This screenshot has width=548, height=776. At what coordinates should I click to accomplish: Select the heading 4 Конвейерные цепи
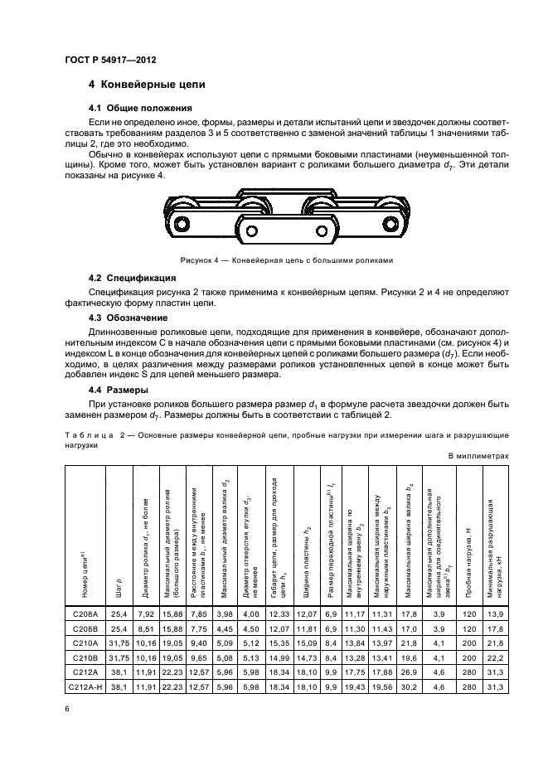tap(147, 85)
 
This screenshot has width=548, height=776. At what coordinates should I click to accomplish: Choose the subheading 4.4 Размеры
tap(119, 390)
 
